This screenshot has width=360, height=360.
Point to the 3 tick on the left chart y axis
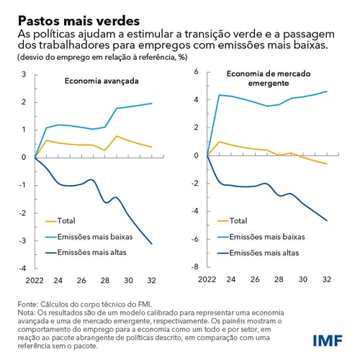22,74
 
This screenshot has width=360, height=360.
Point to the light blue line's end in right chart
327,91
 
